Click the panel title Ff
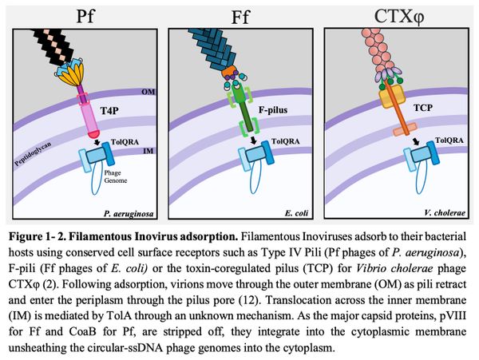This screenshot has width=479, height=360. click(241, 15)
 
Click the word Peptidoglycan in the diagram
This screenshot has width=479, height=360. click(32, 152)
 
